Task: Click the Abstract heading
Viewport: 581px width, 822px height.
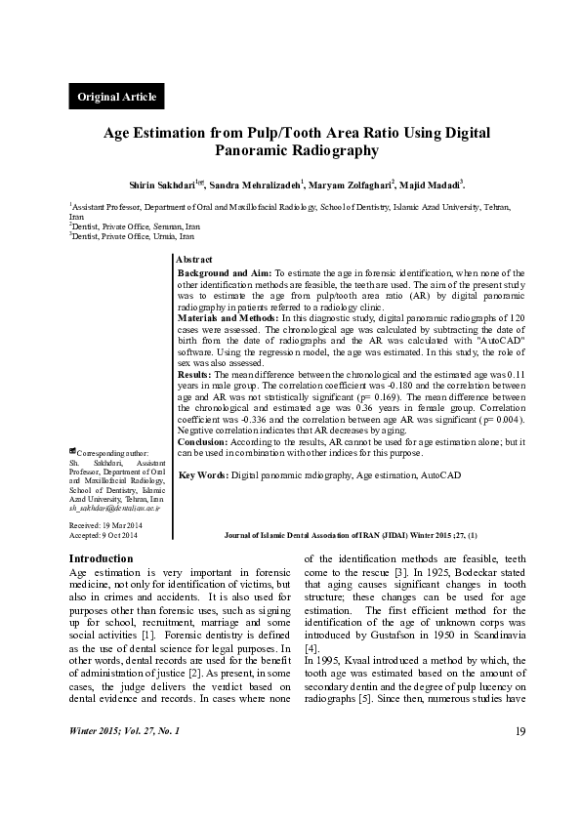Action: [x=193, y=258]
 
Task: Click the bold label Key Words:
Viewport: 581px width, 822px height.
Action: [x=203, y=474]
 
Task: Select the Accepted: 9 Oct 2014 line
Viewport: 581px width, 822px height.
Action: [x=104, y=536]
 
